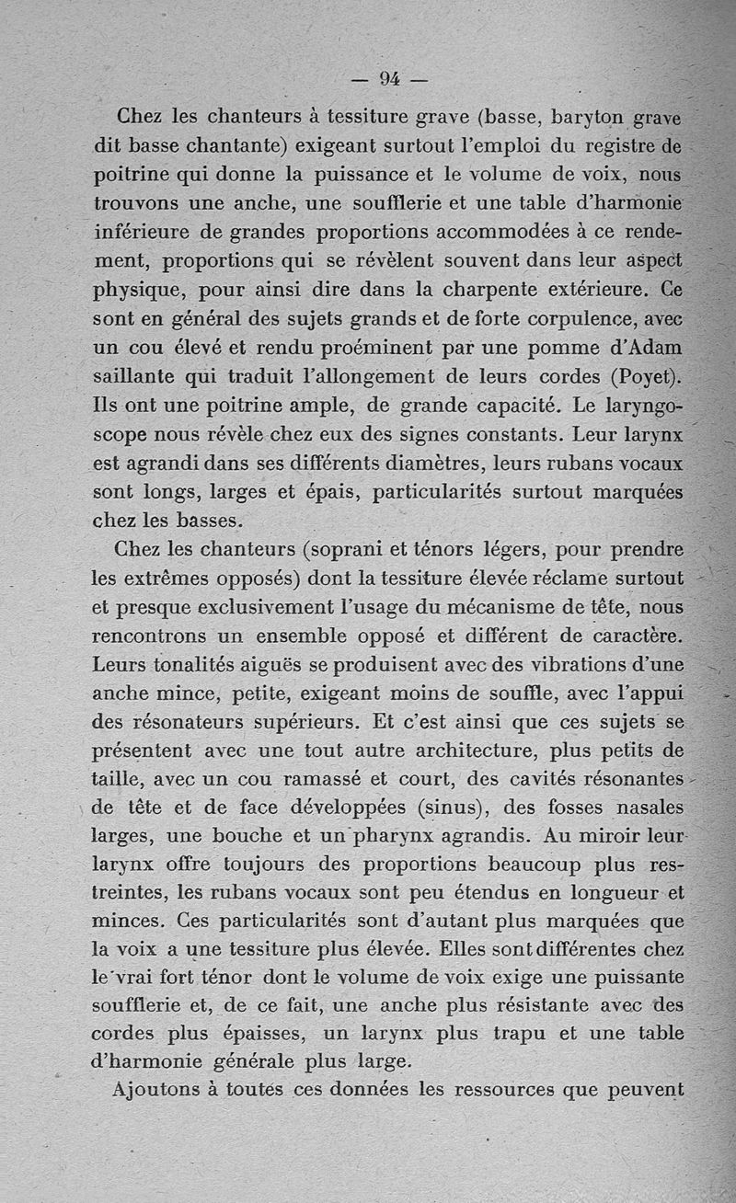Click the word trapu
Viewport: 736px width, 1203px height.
pyautogui.click(x=517, y=1033)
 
